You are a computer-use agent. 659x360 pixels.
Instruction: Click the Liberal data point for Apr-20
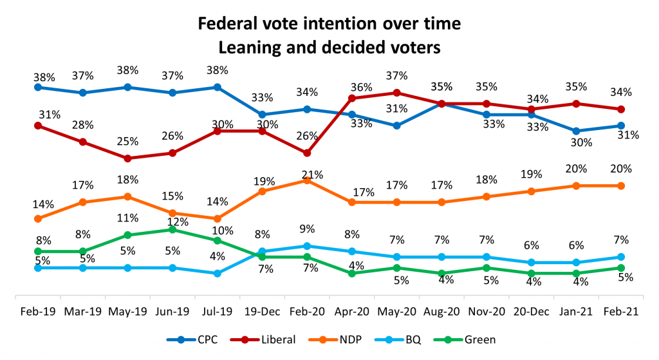click(x=352, y=98)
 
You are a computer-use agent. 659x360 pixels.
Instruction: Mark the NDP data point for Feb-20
click(x=307, y=180)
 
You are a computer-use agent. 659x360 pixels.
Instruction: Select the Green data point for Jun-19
click(x=172, y=229)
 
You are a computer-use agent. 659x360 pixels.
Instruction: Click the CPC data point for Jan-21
click(x=575, y=131)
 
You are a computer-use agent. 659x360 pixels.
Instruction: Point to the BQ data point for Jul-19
click(x=218, y=273)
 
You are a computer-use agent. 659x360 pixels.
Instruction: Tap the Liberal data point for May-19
click(x=127, y=158)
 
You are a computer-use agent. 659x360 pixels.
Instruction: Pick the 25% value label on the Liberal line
click(x=127, y=141)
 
